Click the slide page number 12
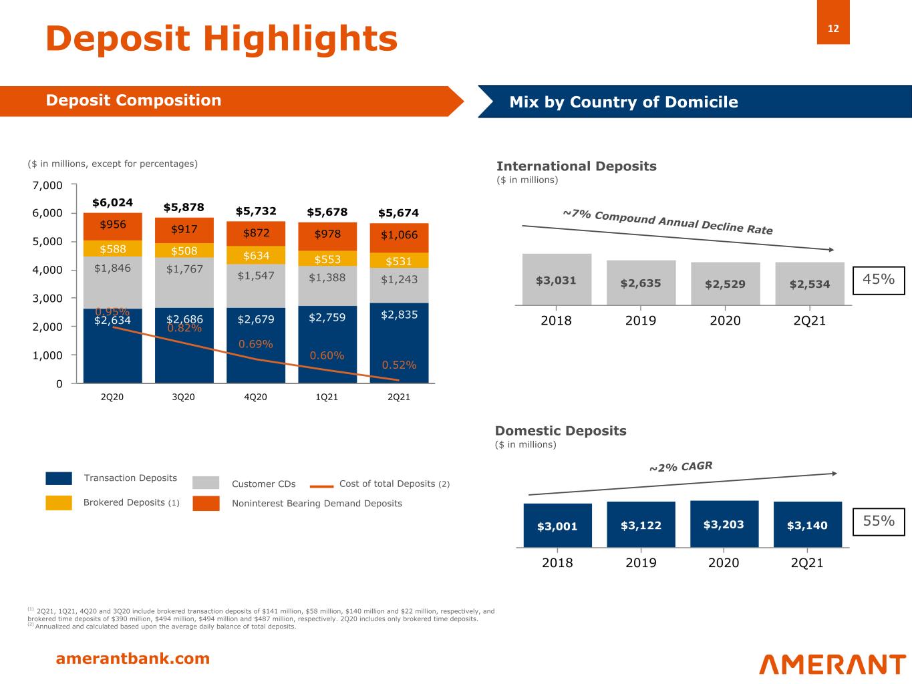(833, 29)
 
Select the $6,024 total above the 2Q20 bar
(112, 202)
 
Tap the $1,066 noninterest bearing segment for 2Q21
(399, 235)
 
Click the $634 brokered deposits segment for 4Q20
(256, 255)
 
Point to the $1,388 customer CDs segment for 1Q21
(327, 277)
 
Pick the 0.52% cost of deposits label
(399, 365)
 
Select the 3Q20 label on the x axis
(184, 397)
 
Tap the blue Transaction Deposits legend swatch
(59, 478)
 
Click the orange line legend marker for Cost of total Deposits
(322, 486)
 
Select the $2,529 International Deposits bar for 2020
(725, 283)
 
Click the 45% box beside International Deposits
(879, 280)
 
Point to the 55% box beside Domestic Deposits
(879, 521)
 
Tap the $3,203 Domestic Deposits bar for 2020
(724, 524)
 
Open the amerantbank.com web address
(132, 659)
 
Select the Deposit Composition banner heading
(133, 100)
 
